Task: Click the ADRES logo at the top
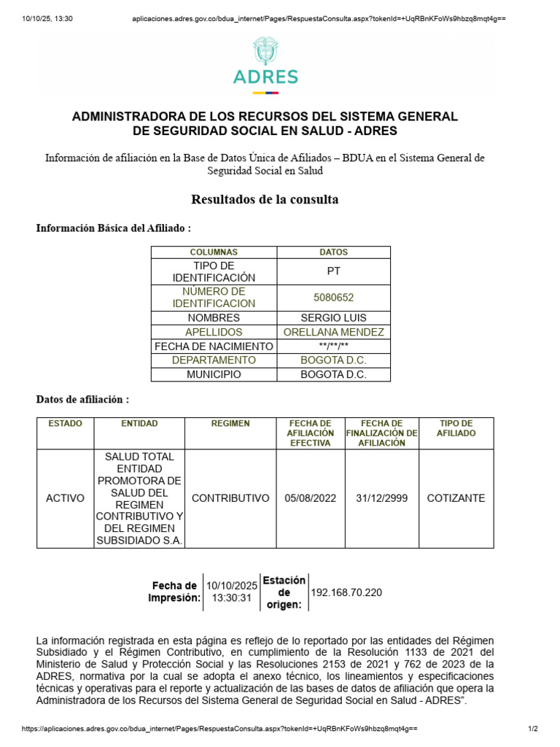tap(265, 65)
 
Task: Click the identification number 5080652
tap(333, 298)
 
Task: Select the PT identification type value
tap(333, 271)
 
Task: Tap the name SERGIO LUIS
tap(333, 318)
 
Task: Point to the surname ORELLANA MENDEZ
tap(333, 332)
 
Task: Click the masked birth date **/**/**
tap(333, 347)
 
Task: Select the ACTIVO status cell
tap(65, 498)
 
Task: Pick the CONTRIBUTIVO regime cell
tap(230, 498)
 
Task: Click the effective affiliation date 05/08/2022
tap(311, 498)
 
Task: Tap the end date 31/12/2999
tap(382, 498)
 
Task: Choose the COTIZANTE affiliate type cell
tap(456, 498)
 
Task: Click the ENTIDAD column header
tap(139, 424)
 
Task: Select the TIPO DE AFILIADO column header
tap(456, 428)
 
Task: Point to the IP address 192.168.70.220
tap(346, 592)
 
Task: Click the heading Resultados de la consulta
tap(265, 199)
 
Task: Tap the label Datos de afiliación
tap(83, 400)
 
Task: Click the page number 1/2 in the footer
tap(532, 729)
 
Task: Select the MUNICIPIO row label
tap(214, 374)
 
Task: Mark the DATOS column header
tap(333, 252)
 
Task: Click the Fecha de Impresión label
tap(174, 592)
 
